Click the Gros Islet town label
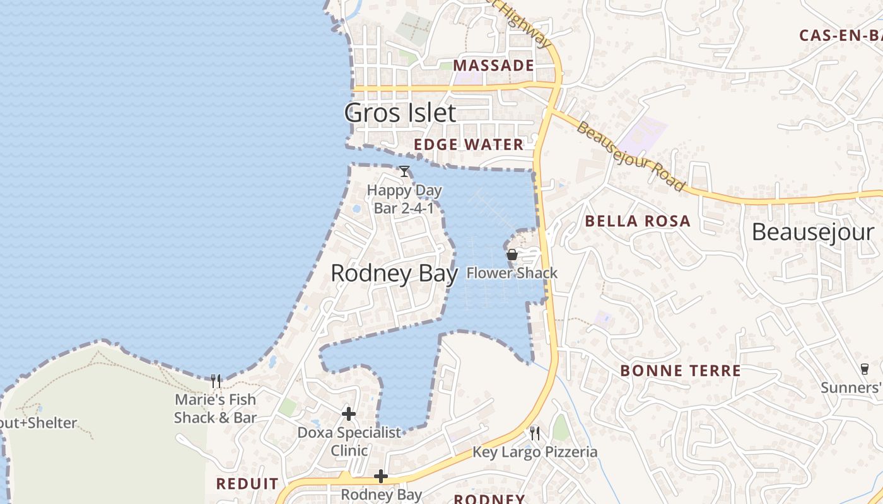click(x=400, y=113)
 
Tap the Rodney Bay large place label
click(x=394, y=273)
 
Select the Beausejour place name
click(x=813, y=232)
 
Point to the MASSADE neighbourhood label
click(x=493, y=66)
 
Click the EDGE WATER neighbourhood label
click(x=469, y=145)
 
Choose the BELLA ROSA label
click(x=638, y=221)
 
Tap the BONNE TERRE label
click(x=681, y=370)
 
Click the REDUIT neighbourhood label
click(x=247, y=484)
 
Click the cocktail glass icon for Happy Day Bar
click(x=404, y=171)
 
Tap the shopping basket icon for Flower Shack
click(x=512, y=255)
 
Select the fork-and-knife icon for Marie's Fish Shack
click(x=216, y=381)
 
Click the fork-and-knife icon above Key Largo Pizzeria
click(x=535, y=433)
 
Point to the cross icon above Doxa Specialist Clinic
click(x=349, y=414)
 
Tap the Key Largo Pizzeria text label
click(x=535, y=452)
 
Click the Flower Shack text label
click(x=512, y=273)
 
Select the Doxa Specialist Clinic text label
click(x=349, y=442)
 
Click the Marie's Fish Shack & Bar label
click(x=215, y=408)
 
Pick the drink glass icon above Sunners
click(x=864, y=369)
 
